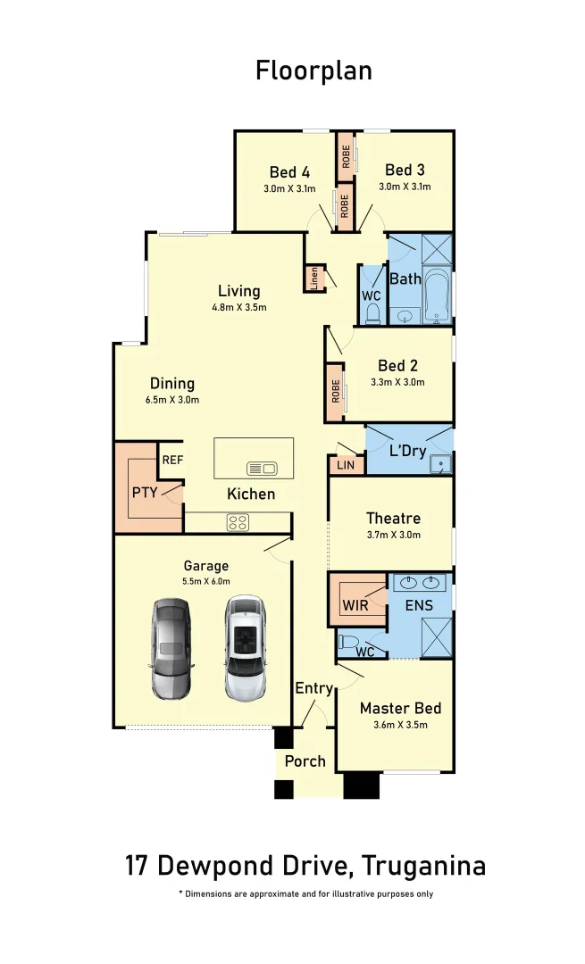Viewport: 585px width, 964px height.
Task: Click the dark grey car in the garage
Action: pos(171,648)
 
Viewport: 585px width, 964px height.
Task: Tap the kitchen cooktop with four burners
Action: pos(238,523)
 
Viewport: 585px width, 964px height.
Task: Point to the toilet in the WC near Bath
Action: pos(372,312)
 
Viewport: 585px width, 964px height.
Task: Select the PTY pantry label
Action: pos(145,493)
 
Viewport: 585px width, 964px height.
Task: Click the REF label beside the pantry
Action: pos(172,461)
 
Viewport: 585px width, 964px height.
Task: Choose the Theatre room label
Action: pos(393,518)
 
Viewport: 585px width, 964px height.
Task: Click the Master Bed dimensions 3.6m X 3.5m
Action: pos(400,725)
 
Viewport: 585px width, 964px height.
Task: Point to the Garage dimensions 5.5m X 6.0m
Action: pos(206,580)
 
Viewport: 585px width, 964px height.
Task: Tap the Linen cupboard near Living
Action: pos(313,278)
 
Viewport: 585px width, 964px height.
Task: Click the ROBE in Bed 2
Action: pos(335,391)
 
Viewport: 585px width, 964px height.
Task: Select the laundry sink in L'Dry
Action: pos(440,463)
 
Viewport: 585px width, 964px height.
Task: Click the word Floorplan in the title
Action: pos(313,71)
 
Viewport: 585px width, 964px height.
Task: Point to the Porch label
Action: pos(305,761)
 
